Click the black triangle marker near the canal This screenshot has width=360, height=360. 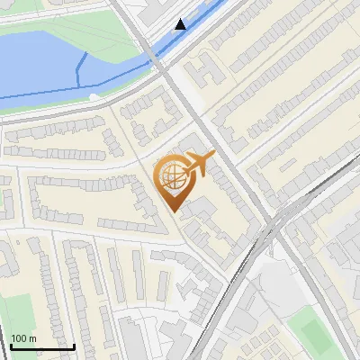(181, 24)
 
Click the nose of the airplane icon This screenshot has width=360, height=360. (213, 156)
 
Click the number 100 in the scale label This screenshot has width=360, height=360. (19, 338)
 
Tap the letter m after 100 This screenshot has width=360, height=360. (32, 338)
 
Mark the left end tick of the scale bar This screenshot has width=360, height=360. (11, 345)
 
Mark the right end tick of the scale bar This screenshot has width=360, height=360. (74, 345)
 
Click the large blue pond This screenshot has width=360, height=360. (40, 63)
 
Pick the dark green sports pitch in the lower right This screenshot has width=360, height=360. (315, 331)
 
